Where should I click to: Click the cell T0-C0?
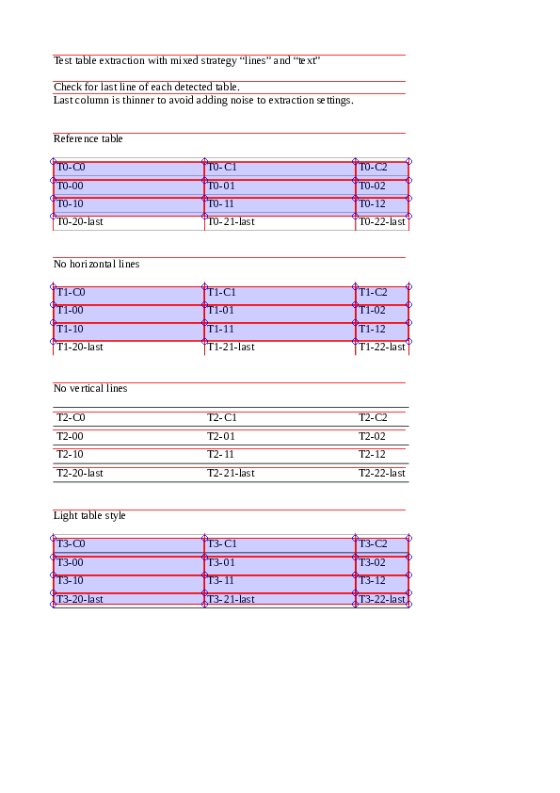(x=72, y=168)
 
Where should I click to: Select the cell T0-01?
(x=221, y=186)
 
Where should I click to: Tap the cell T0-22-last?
(x=382, y=222)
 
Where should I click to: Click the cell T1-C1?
(x=222, y=292)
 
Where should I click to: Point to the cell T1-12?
(x=373, y=329)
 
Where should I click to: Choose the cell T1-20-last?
(x=80, y=347)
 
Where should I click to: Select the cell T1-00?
(x=71, y=310)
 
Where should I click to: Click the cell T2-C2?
(x=374, y=417)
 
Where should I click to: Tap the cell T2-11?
(x=221, y=454)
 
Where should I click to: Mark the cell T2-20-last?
(x=80, y=473)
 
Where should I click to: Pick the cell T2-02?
(x=373, y=436)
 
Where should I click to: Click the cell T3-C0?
(x=72, y=543)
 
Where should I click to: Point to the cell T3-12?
(x=373, y=580)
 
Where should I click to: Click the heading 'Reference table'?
(x=88, y=139)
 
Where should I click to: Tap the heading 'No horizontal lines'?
(x=97, y=264)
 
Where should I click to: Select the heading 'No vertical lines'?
(x=90, y=388)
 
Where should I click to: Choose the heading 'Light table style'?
(x=89, y=515)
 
